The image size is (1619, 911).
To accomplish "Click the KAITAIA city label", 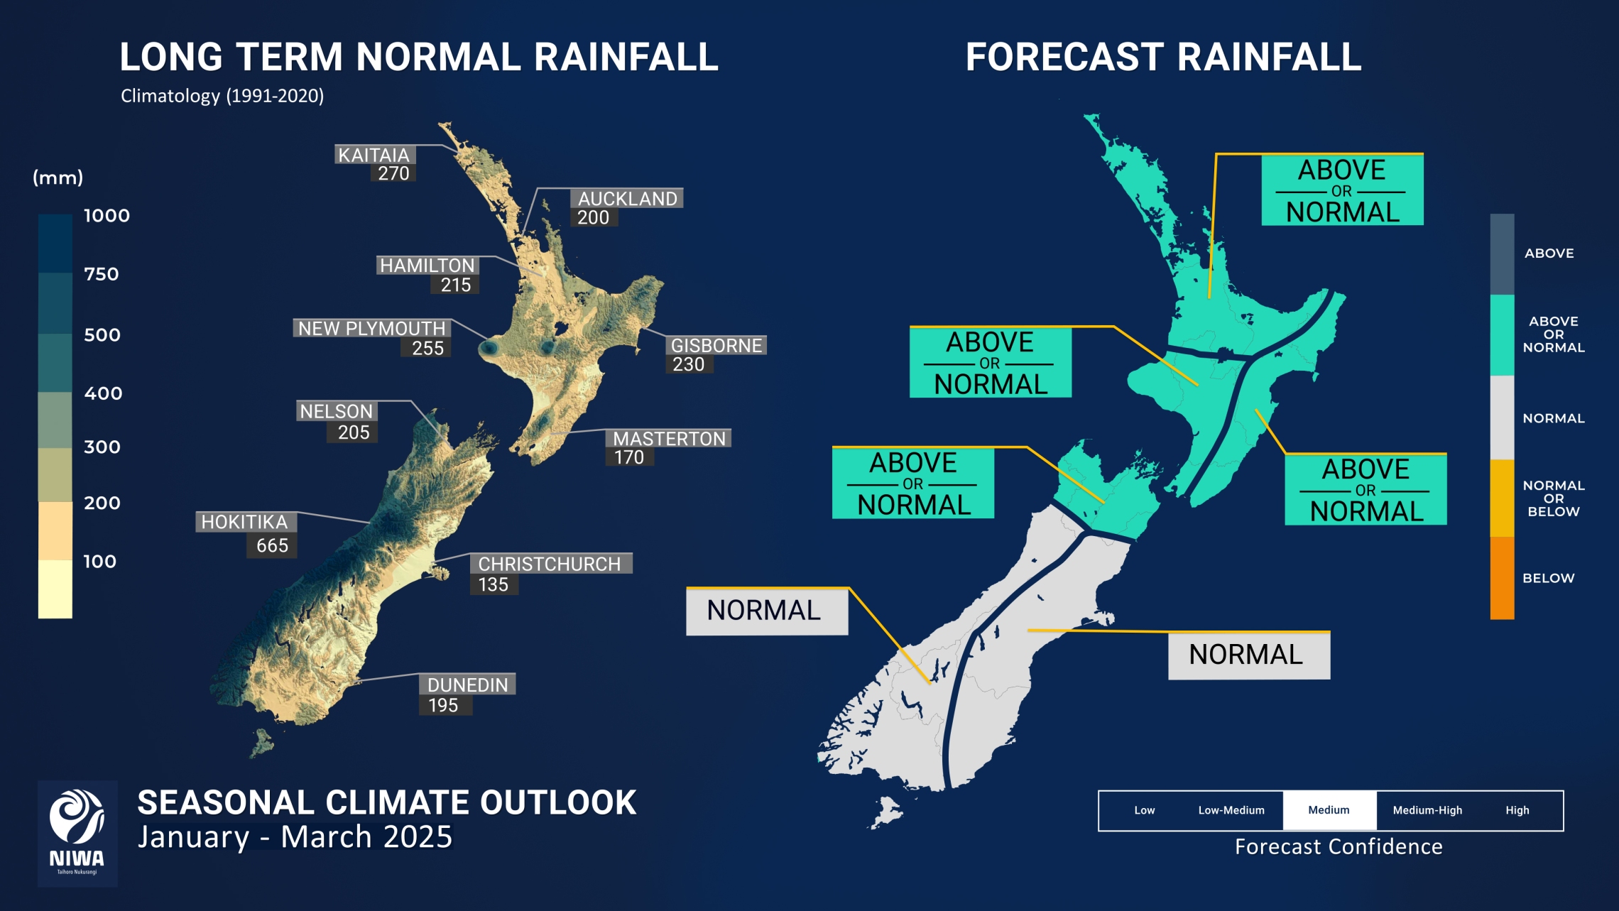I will tap(374, 155).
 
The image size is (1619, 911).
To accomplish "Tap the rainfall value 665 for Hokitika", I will tap(272, 545).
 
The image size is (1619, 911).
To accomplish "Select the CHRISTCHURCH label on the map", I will tap(549, 564).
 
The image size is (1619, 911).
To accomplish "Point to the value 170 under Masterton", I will tap(629, 457).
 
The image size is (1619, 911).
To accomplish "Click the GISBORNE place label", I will tap(716, 346).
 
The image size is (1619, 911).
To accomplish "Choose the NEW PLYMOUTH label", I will tap(371, 328).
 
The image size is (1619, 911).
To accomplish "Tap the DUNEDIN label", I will tap(467, 684).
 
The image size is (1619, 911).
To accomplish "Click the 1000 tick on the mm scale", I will tap(107, 216).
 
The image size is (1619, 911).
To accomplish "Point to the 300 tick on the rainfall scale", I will tap(102, 447).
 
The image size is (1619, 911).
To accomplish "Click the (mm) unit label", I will tap(58, 178).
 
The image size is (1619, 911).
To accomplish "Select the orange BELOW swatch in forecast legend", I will tap(1502, 578).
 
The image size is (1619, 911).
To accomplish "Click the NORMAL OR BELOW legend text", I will tap(1553, 498).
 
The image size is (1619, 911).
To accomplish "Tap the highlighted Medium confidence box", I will tap(1329, 810).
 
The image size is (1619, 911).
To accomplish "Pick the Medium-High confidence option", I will tap(1427, 810).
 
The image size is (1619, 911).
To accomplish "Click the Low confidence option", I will tap(1144, 810).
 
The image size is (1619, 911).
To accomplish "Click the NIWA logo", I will tap(77, 833).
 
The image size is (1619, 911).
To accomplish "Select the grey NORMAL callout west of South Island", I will tap(766, 611).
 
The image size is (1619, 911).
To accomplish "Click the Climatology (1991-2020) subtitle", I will tap(222, 96).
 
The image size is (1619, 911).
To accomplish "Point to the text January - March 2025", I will tap(295, 837).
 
